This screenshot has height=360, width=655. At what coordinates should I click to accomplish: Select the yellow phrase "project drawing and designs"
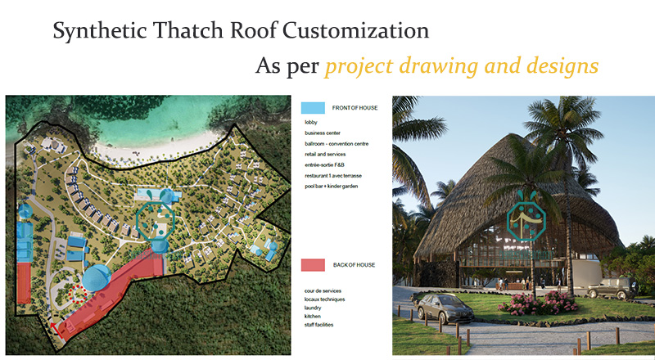point(461,65)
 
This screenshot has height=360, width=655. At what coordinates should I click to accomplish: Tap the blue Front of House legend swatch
point(314,108)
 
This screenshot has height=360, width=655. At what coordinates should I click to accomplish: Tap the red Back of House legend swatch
point(314,265)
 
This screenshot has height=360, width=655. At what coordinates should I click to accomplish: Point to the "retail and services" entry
point(325,154)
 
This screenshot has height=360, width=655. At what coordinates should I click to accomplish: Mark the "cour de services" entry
point(322,291)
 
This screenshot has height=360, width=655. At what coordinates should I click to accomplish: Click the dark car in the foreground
point(445,308)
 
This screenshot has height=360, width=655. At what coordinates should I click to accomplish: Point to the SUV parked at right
point(610,288)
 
